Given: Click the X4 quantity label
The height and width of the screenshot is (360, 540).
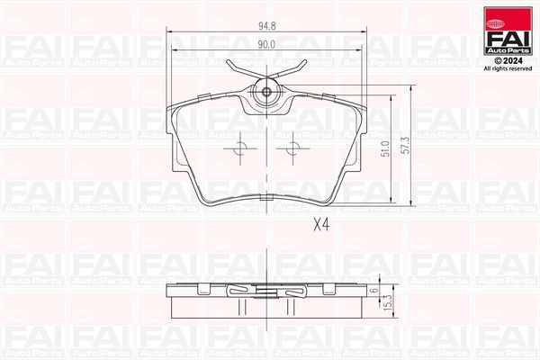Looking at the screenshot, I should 321,227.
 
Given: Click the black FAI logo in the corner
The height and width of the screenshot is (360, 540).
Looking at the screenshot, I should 508,40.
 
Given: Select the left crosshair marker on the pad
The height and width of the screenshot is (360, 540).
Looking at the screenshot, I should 240,149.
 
